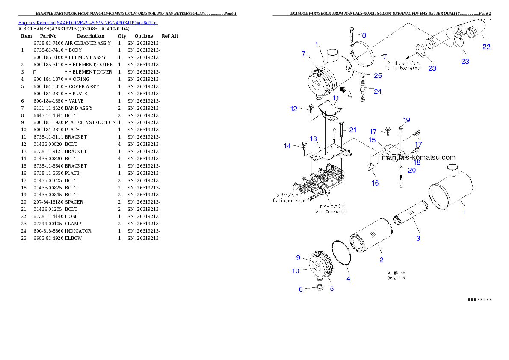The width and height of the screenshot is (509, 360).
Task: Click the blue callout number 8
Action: point(364,35)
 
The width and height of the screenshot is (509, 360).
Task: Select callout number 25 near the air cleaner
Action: point(378,76)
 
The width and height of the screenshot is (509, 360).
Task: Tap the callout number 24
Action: point(378,91)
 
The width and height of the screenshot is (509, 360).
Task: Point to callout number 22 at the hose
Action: point(486,47)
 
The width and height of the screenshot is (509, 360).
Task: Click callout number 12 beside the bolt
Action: point(293,109)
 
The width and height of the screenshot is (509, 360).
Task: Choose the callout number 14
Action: point(287,146)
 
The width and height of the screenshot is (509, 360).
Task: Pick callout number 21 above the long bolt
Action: point(352,130)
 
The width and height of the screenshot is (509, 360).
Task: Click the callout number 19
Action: point(406,120)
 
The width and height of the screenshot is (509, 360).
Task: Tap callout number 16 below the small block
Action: point(375,183)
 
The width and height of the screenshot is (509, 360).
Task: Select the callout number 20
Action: point(411,170)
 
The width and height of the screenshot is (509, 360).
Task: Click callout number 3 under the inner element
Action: point(418,238)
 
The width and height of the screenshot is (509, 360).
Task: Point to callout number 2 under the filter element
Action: point(381,260)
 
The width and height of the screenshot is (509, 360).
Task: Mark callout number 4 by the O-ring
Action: point(348,279)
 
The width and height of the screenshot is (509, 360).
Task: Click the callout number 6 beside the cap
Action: point(301,289)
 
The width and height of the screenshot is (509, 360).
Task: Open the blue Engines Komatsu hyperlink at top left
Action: point(88,22)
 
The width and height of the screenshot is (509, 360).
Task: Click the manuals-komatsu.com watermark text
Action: point(418,157)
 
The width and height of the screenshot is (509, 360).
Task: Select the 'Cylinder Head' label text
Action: point(289,200)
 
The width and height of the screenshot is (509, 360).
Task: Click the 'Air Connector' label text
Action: point(332,211)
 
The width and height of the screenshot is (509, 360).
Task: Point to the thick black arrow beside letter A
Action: point(342,89)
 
